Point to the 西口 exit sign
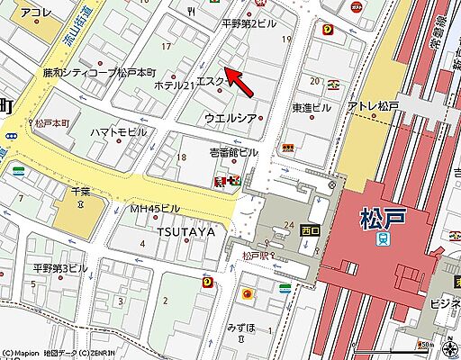(309, 231)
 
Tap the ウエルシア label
(231, 118)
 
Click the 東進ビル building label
(312, 107)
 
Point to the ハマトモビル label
(118, 131)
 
